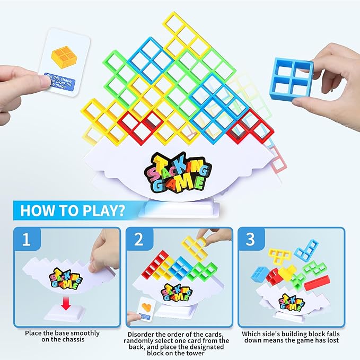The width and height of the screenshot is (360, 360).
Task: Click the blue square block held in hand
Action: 291,79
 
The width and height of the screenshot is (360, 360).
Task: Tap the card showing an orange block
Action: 65,63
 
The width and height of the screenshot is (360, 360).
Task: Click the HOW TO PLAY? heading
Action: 73,210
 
